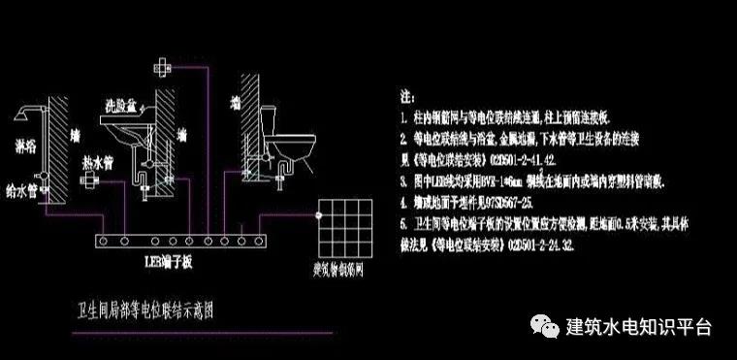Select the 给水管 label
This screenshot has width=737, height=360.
(x=21, y=179)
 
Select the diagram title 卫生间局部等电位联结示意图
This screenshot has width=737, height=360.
(x=144, y=312)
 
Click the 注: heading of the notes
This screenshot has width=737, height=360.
(x=407, y=99)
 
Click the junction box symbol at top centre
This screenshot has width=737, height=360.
(x=163, y=68)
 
